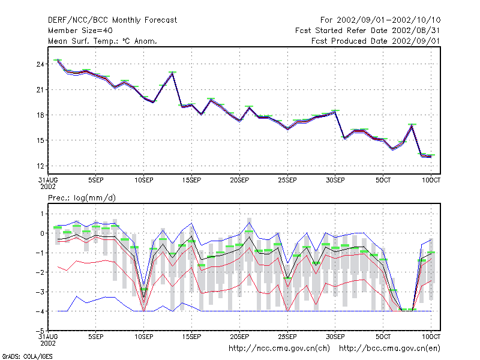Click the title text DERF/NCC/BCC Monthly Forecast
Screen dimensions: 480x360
pyautogui.click(x=112, y=20)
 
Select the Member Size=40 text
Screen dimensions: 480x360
pyautogui.click(x=80, y=31)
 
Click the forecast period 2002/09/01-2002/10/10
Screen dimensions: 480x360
pyautogui.click(x=388, y=20)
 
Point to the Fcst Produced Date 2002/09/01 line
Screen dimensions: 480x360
pyautogui.click(x=376, y=41)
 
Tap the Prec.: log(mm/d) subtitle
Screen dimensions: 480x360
pyautogui.click(x=82, y=198)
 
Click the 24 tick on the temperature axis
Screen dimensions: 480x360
pyautogui.click(x=40, y=64)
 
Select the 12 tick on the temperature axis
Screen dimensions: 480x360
pyautogui.click(x=40, y=166)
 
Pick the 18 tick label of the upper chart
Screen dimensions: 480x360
pyautogui.click(x=40, y=115)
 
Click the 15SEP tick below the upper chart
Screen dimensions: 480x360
pyautogui.click(x=191, y=180)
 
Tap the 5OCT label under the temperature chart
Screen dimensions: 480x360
pyautogui.click(x=383, y=180)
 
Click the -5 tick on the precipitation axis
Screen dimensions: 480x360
pyautogui.click(x=40, y=331)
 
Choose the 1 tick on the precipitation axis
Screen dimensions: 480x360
pyautogui.click(x=42, y=214)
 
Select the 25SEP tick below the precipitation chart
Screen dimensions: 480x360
pyautogui.click(x=287, y=337)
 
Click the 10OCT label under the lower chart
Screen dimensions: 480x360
pyautogui.click(x=431, y=337)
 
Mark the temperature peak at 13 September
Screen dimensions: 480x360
pyautogui.click(x=173, y=73)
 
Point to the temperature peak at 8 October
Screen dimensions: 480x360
pyautogui.click(x=412, y=125)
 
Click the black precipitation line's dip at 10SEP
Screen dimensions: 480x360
pyautogui.click(x=143, y=298)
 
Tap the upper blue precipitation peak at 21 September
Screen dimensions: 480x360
pyautogui.click(x=249, y=223)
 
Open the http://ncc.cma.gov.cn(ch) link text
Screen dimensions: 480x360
pyautogui.click(x=279, y=349)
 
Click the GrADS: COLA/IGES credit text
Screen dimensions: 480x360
pyautogui.click(x=27, y=356)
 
